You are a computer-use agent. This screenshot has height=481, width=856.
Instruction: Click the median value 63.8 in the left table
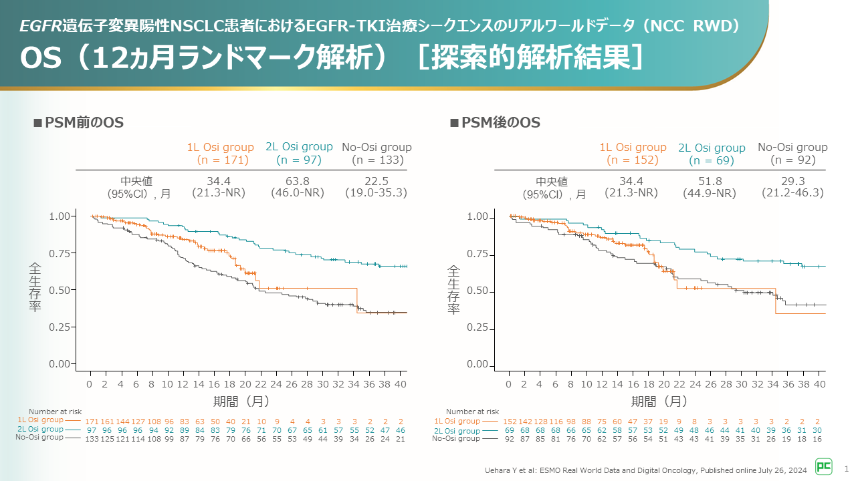(298, 181)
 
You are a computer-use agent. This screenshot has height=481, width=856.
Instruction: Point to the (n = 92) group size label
(792, 160)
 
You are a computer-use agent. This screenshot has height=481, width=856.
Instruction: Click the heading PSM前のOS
(79, 123)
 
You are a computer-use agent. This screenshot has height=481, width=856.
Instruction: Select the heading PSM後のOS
(496, 123)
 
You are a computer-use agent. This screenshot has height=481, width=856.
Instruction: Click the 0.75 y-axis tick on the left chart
(64, 253)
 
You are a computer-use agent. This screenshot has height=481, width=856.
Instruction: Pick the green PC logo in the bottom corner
(823, 466)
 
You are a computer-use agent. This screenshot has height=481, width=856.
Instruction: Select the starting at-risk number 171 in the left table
(92, 422)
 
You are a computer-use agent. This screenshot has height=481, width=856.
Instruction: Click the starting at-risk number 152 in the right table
(511, 422)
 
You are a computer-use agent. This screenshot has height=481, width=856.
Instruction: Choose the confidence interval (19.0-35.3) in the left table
(377, 192)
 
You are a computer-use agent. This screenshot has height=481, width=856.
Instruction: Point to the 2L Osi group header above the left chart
(299, 147)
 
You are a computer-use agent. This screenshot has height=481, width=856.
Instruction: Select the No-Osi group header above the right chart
(792, 148)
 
